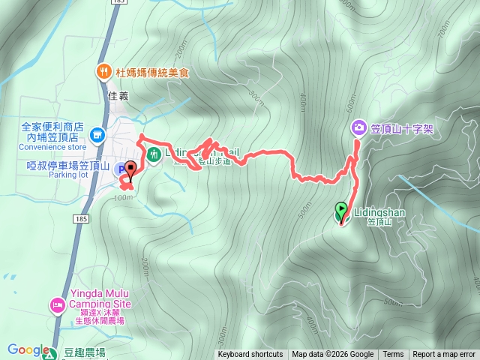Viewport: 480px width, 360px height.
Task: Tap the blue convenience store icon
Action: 96,135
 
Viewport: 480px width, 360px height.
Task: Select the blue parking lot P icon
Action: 121,171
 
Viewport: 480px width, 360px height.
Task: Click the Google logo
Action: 28,349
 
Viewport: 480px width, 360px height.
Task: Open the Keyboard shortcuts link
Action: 250,355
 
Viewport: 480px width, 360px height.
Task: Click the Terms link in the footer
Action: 393,355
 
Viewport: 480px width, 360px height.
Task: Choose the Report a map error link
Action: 444,355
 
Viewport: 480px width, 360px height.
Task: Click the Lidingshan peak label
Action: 375,212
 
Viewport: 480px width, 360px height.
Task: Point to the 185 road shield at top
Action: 118,3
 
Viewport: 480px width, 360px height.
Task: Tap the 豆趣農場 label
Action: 84,352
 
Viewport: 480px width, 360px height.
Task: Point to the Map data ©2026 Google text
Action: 333,355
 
